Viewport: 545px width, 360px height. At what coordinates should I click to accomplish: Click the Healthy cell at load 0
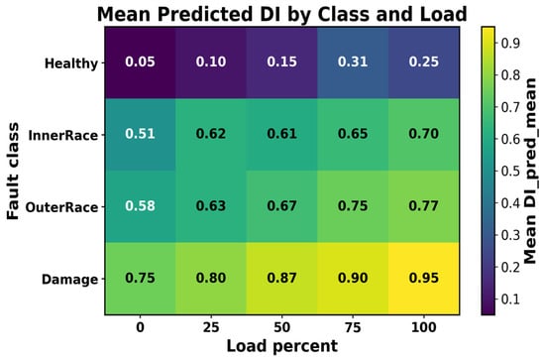(x=140, y=62)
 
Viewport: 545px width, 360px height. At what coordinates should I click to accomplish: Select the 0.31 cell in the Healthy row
(x=353, y=62)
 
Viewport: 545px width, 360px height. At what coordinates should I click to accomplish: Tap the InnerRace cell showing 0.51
(x=140, y=135)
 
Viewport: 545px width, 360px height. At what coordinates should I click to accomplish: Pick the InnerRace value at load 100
(x=424, y=135)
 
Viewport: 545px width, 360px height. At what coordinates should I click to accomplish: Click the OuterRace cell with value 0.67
(x=281, y=206)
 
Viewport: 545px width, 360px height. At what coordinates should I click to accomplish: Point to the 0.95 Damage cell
(x=424, y=279)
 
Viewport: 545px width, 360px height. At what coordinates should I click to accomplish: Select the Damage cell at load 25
(x=211, y=279)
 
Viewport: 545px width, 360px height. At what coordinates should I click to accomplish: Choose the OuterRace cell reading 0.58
(x=140, y=206)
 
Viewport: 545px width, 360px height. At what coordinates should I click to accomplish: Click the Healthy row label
(x=71, y=63)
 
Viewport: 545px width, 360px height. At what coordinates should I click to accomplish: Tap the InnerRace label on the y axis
(x=63, y=135)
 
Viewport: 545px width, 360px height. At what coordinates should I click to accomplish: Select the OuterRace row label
(x=61, y=207)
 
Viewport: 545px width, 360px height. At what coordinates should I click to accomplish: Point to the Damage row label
(x=70, y=280)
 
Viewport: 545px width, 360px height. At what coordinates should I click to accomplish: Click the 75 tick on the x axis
(x=353, y=327)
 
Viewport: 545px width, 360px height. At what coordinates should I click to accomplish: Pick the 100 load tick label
(x=424, y=327)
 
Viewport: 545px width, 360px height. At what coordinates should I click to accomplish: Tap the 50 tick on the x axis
(x=281, y=327)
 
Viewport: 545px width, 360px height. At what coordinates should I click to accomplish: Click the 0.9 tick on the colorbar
(x=510, y=43)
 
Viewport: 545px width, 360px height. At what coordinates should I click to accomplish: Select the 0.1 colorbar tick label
(x=510, y=300)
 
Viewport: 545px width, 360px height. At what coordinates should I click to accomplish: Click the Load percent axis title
(x=281, y=346)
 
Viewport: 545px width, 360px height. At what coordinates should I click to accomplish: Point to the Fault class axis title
(x=13, y=171)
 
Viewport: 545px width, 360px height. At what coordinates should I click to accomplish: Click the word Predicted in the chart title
(x=205, y=15)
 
